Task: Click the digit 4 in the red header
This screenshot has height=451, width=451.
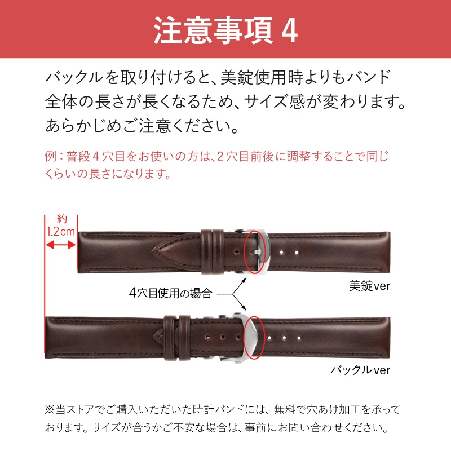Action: [288, 31]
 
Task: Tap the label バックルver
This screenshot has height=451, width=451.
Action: [360, 370]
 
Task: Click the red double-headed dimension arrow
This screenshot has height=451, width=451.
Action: [60, 245]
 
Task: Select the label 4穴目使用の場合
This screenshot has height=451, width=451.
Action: [170, 293]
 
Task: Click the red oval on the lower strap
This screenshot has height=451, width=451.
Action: [255, 337]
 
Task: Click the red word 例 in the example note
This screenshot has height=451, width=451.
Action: [50, 157]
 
